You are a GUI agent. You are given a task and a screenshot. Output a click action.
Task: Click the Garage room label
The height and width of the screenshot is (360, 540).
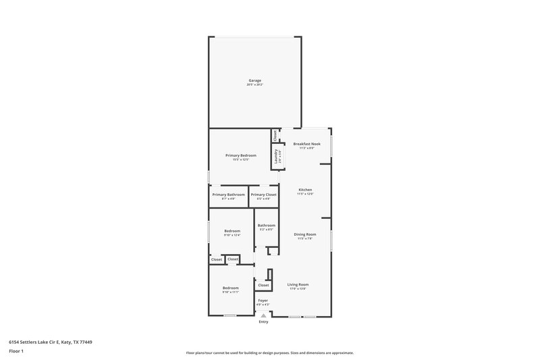(x=254, y=80)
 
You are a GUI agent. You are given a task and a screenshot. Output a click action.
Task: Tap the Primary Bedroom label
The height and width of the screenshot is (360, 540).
(x=241, y=155)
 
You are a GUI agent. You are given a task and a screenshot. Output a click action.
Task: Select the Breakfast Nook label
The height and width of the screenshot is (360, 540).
(x=307, y=144)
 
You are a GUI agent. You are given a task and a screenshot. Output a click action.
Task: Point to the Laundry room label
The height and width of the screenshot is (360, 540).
(x=277, y=156)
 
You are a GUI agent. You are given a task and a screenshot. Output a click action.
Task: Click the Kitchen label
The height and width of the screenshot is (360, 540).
(x=305, y=190)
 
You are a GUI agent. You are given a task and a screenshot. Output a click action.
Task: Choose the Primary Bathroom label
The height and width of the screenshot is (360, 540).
(x=228, y=195)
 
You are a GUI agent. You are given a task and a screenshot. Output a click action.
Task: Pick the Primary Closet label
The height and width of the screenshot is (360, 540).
(x=264, y=195)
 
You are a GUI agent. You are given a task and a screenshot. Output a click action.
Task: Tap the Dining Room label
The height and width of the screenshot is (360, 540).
(x=305, y=234)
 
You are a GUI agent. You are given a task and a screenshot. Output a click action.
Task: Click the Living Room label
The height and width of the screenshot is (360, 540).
(x=298, y=284)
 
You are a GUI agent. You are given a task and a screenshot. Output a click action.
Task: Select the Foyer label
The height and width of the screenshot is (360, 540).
(x=263, y=300)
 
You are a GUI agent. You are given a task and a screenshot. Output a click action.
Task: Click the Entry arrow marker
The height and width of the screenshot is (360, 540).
(x=263, y=314)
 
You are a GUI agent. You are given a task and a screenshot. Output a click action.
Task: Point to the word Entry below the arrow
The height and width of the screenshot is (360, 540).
(x=263, y=322)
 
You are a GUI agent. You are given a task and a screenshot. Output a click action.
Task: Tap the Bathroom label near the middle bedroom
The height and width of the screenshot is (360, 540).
(x=267, y=225)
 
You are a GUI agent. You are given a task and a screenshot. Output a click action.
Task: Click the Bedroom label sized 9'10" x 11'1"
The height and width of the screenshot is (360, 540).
(x=231, y=288)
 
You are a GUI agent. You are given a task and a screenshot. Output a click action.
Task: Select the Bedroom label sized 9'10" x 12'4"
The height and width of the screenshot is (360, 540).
(x=232, y=231)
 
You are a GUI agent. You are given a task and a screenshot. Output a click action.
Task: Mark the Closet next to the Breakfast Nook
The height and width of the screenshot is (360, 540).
(x=276, y=135)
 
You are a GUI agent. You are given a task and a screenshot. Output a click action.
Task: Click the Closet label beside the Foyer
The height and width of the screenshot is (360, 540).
(x=263, y=285)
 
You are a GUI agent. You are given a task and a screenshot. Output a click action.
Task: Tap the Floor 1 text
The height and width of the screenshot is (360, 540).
(x=16, y=352)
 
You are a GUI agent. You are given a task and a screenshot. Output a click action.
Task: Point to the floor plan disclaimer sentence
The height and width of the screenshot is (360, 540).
(x=269, y=353)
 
